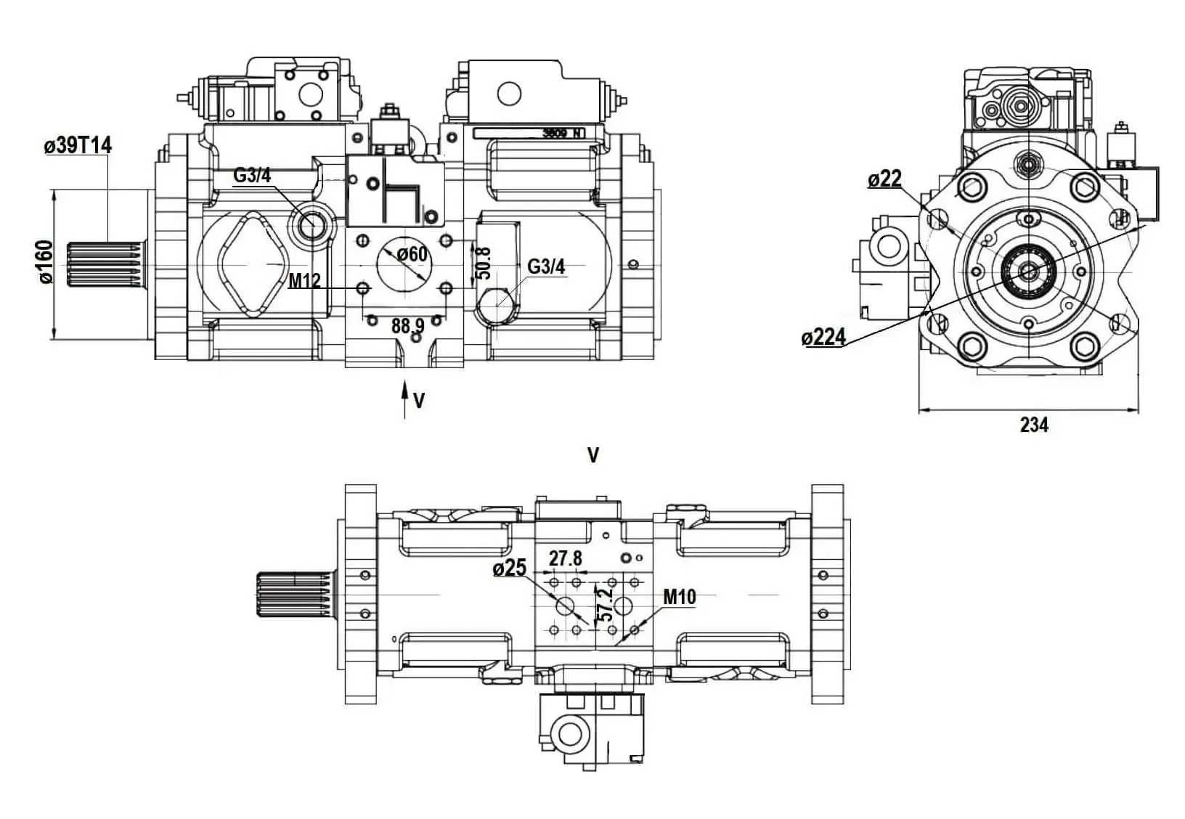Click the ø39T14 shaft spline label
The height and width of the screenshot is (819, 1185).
point(78,145)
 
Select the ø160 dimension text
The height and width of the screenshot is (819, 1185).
point(46,262)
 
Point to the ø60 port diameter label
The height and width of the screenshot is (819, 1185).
point(412,254)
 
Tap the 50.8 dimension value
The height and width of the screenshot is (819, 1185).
point(482,262)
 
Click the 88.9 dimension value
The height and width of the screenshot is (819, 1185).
point(408,326)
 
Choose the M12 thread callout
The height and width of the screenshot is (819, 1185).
point(305,280)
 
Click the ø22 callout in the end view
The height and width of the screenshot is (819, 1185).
point(884,179)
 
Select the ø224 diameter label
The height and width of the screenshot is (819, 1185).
point(823,336)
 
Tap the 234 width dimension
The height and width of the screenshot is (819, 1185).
point(1034,424)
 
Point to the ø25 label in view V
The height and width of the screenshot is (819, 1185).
point(510,569)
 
